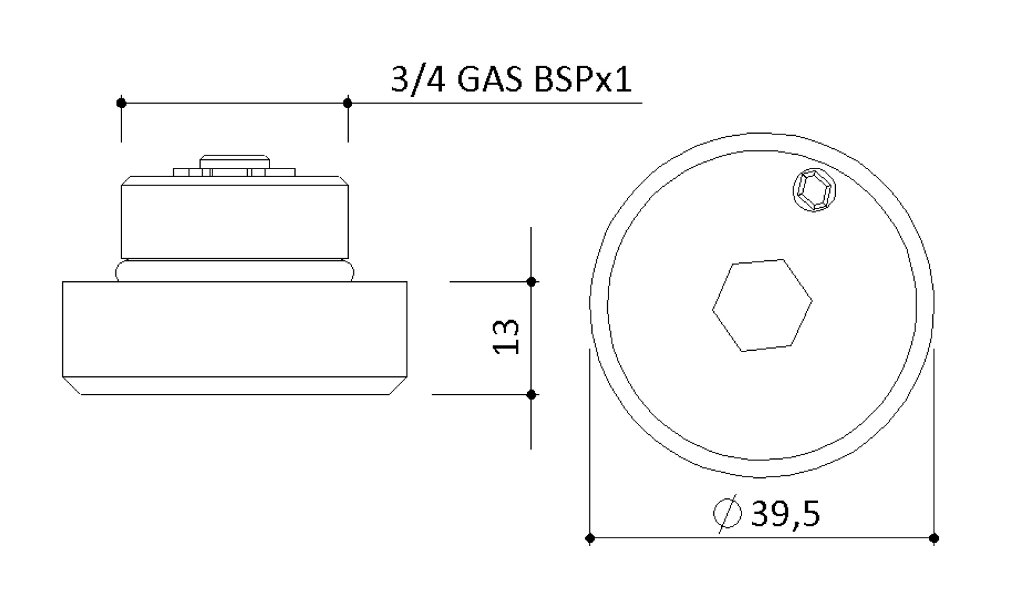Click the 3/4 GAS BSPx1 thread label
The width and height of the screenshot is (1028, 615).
pos(511,80)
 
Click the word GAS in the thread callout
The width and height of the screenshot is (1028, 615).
pos(490,80)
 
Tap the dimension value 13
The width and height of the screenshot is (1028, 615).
pos(505,336)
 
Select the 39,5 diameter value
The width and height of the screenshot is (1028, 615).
pos(785,513)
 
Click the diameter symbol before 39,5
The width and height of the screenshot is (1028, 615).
pos(728,513)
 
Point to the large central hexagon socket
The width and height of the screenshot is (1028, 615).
pos(762,306)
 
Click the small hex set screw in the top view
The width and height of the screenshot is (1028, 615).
pos(814,190)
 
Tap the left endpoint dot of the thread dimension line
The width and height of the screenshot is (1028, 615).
pos(121,103)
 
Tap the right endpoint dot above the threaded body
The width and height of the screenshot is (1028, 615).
pos(348,103)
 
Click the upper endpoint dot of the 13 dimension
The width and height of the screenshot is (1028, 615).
pos(532,282)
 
